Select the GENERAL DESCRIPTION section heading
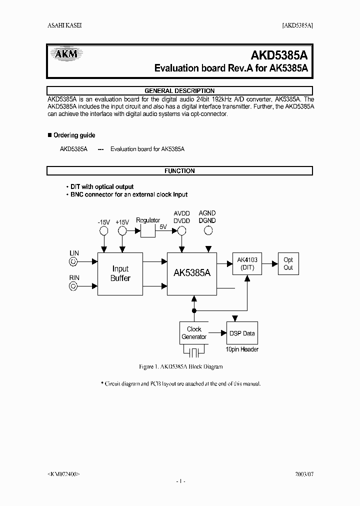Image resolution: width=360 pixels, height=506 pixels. [x=179, y=91]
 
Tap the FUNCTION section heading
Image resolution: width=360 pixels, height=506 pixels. [x=179, y=171]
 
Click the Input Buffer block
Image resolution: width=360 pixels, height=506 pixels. [x=120, y=273]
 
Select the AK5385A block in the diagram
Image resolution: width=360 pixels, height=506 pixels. [x=192, y=273]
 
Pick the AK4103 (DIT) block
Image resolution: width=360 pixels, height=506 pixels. [x=247, y=263]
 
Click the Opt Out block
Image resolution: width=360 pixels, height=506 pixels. [x=288, y=263]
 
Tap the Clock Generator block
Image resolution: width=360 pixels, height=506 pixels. [x=194, y=333]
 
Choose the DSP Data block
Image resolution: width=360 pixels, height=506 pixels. [x=242, y=333]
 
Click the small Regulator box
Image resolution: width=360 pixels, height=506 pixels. [x=148, y=230]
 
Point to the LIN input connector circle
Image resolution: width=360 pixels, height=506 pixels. [x=73, y=261]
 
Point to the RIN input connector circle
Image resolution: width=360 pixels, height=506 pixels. [x=73, y=286]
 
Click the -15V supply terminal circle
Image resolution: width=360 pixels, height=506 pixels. [x=103, y=230]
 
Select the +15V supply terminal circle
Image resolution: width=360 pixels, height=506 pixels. [x=122, y=230]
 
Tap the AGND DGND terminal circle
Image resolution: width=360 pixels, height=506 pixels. [x=207, y=230]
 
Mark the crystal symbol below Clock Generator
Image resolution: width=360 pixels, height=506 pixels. [x=194, y=352]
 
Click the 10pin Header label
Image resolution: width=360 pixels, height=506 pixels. [x=242, y=349]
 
